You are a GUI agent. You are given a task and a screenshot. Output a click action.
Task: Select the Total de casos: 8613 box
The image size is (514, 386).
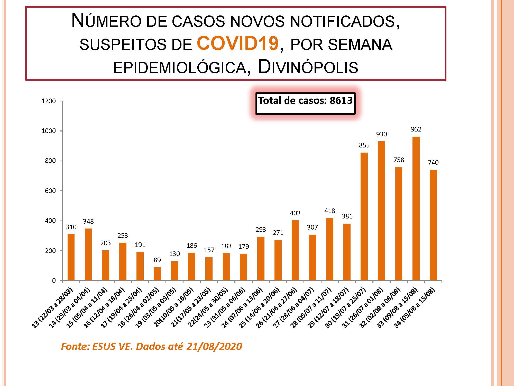click(305, 103)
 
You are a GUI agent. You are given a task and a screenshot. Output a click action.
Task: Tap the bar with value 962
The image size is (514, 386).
click(416, 208)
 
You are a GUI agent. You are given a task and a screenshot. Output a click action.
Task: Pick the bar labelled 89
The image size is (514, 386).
click(157, 274)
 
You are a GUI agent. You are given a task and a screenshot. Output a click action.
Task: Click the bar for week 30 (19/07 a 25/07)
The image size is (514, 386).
click(364, 216)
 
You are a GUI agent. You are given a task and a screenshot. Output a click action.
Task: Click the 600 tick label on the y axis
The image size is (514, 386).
click(50, 191)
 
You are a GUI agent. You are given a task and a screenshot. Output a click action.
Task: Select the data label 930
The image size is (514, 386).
click(381, 134)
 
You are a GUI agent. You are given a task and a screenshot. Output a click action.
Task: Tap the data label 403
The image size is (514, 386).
click(295, 213)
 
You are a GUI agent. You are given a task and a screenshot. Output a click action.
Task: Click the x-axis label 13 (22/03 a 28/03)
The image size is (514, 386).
click(53, 308)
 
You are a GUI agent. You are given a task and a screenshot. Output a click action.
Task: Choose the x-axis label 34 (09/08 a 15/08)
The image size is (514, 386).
click(415, 308)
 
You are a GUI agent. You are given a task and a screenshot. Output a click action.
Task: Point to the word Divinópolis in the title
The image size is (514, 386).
click(308, 67)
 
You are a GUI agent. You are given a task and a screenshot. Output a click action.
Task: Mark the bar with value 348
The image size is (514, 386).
click(88, 255)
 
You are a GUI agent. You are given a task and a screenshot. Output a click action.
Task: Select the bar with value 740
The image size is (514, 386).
click(433, 225)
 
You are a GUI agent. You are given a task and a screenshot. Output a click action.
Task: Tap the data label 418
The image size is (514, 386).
click(330, 211)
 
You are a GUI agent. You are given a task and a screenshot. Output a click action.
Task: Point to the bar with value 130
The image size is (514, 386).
click(175, 271)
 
